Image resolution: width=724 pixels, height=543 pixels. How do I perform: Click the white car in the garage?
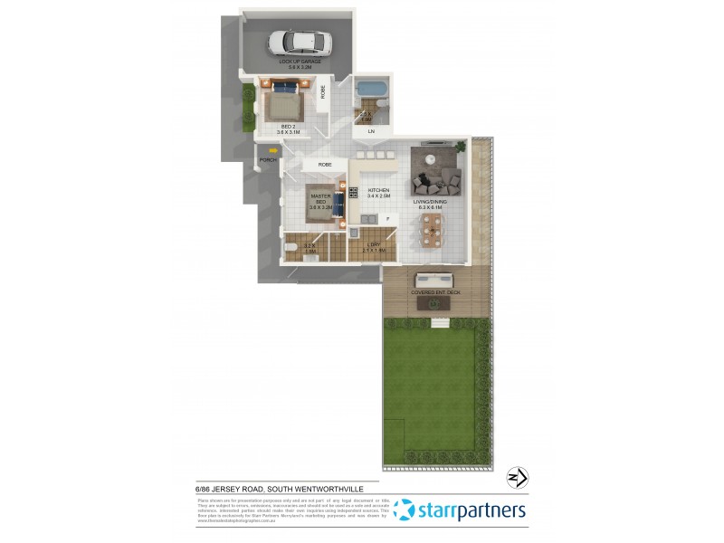[x=300, y=42]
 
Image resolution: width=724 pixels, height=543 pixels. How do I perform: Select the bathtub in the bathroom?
[x=371, y=90]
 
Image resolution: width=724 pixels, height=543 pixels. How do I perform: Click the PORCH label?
[x=267, y=160]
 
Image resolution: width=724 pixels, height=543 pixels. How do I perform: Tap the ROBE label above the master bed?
[x=325, y=165]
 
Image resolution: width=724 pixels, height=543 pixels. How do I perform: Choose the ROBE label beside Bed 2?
[x=322, y=90]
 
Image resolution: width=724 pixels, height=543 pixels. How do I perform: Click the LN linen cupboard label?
[x=370, y=132]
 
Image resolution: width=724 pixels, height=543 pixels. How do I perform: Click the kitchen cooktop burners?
[x=353, y=192]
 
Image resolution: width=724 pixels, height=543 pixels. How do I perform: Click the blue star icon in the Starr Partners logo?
[x=405, y=510]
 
